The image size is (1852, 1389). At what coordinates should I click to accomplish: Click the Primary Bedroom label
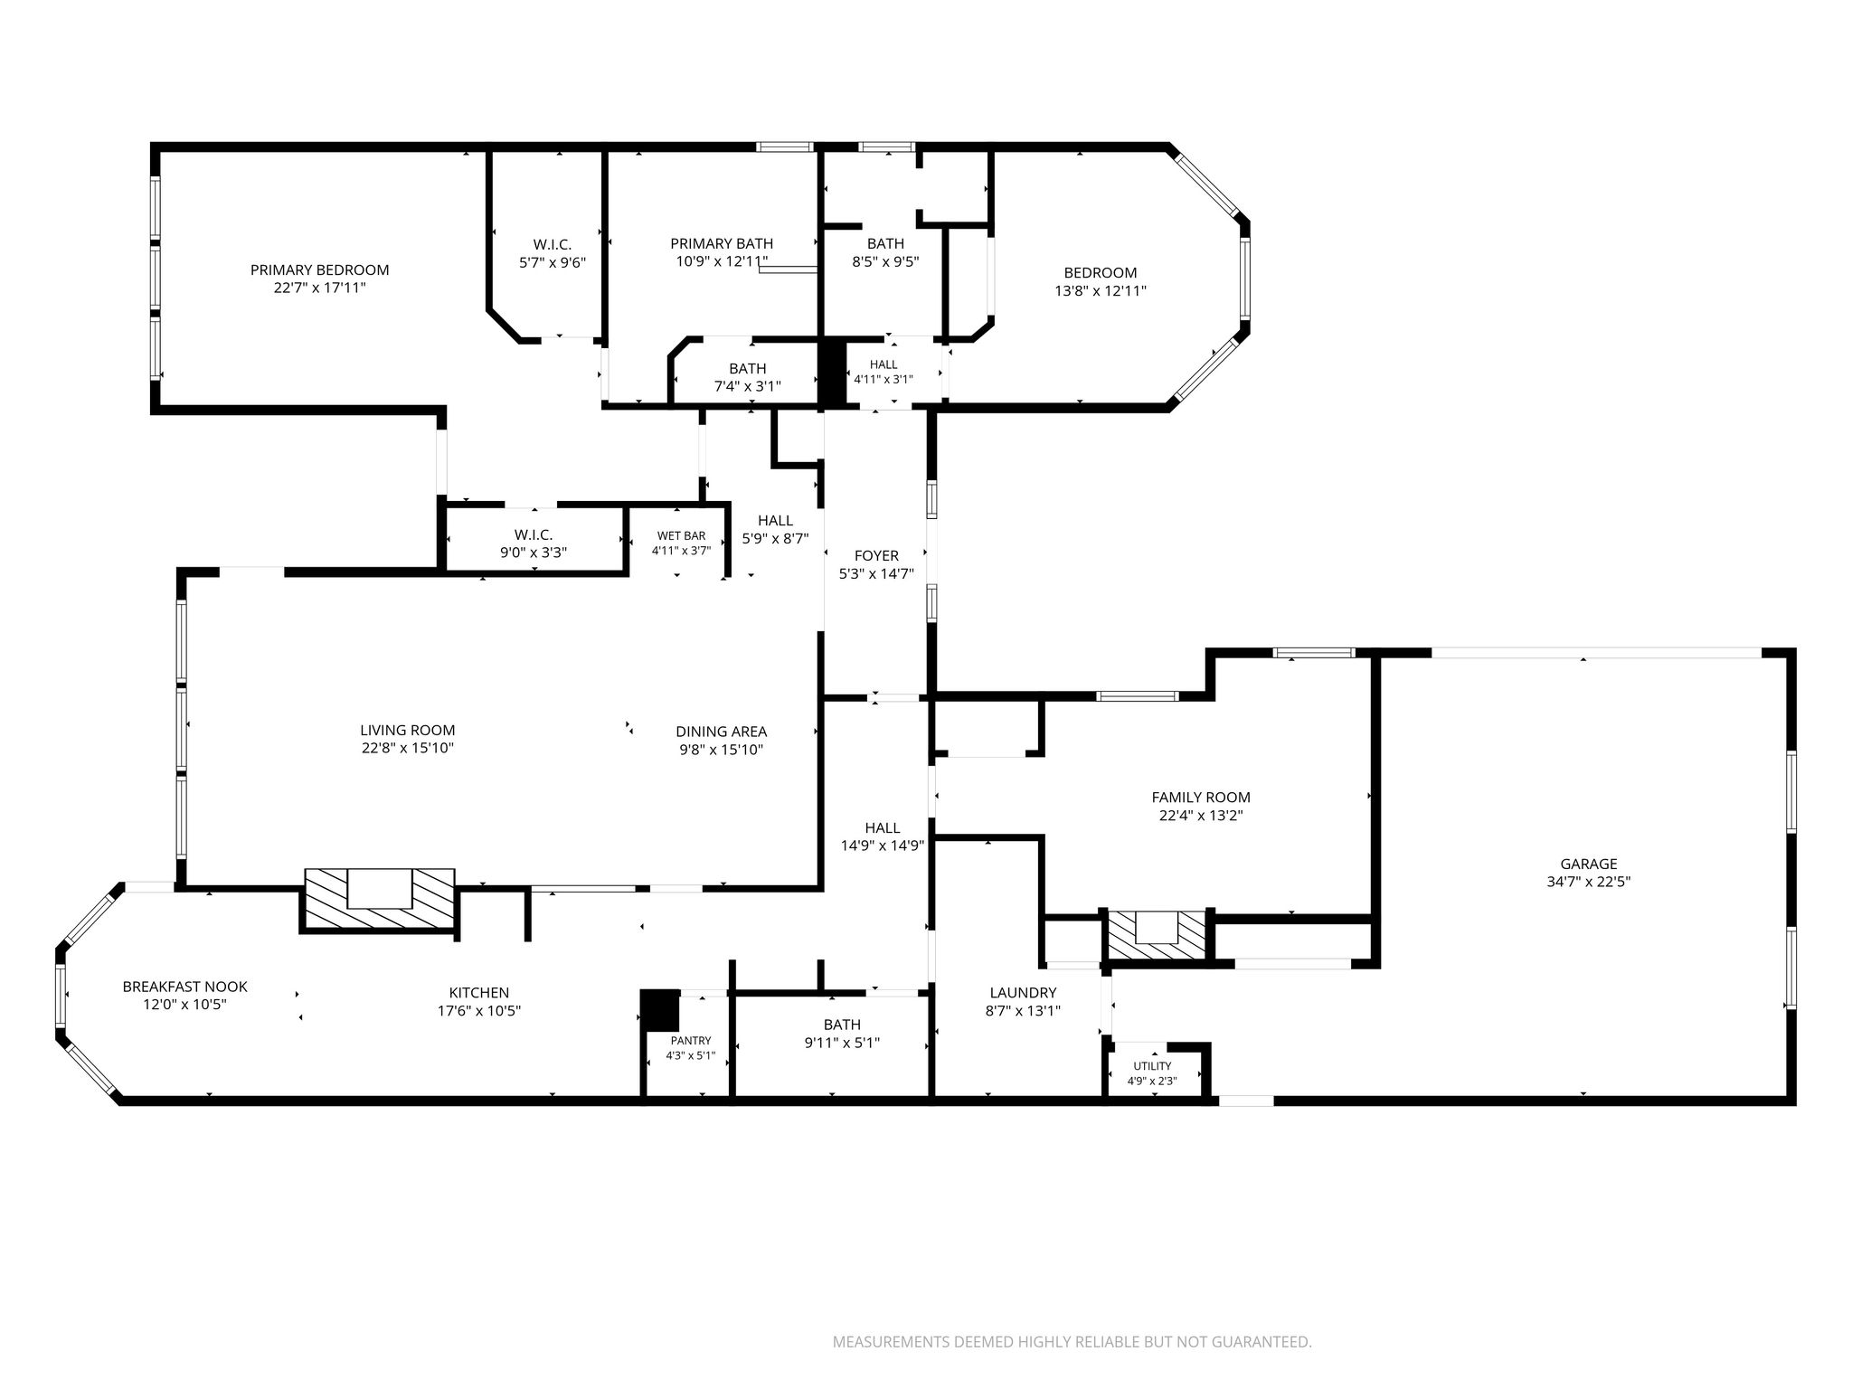(x=319, y=269)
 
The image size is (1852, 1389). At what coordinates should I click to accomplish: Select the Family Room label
(x=1201, y=798)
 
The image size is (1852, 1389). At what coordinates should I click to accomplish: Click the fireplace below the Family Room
(x=1157, y=934)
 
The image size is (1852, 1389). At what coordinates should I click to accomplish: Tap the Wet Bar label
(x=682, y=536)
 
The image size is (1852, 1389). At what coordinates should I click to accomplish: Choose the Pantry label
(x=691, y=1041)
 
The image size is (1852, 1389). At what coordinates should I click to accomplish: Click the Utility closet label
(x=1152, y=1066)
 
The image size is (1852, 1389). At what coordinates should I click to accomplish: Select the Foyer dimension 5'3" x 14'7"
(x=876, y=573)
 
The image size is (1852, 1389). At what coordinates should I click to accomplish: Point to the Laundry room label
(x=1023, y=993)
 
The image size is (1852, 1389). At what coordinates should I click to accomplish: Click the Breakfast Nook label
(x=184, y=987)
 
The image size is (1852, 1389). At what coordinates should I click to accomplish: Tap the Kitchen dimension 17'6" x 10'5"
(x=479, y=1011)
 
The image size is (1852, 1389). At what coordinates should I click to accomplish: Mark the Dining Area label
(x=722, y=732)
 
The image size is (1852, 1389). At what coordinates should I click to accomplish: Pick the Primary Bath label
(x=722, y=243)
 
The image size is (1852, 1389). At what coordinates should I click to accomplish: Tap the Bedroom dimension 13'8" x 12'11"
(x=1101, y=291)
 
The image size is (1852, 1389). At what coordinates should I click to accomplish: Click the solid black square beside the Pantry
(x=659, y=1010)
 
